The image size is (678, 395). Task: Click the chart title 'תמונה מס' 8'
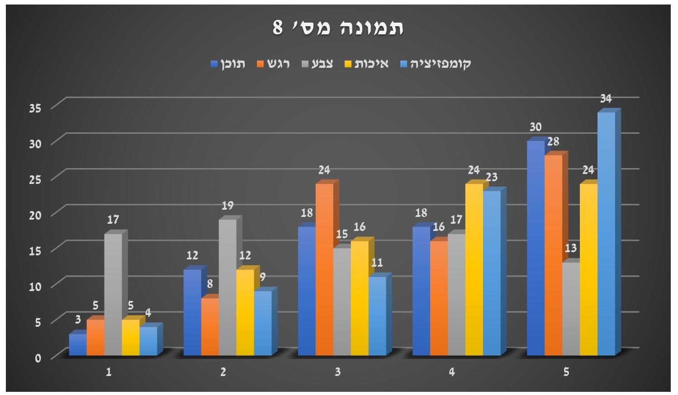click(x=338, y=28)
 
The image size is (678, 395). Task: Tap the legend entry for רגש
click(x=273, y=64)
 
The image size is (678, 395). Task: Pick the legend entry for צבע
click(x=318, y=64)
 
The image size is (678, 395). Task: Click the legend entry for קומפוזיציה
click(x=436, y=64)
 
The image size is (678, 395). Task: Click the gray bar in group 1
click(x=113, y=294)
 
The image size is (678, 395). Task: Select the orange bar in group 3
click(x=324, y=269)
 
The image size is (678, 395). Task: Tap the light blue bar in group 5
click(x=606, y=233)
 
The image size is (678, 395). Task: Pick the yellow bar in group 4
click(x=474, y=269)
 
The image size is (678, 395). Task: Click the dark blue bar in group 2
click(x=192, y=312)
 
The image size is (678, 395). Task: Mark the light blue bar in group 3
click(x=377, y=315)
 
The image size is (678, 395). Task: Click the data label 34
click(x=606, y=98)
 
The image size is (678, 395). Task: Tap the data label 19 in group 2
click(x=228, y=206)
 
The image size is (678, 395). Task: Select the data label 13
click(x=571, y=248)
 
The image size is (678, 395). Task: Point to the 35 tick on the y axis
click(x=35, y=108)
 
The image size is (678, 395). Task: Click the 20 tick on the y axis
click(x=35, y=215)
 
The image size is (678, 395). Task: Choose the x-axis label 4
click(x=452, y=372)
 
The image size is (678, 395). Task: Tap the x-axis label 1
click(x=109, y=372)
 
